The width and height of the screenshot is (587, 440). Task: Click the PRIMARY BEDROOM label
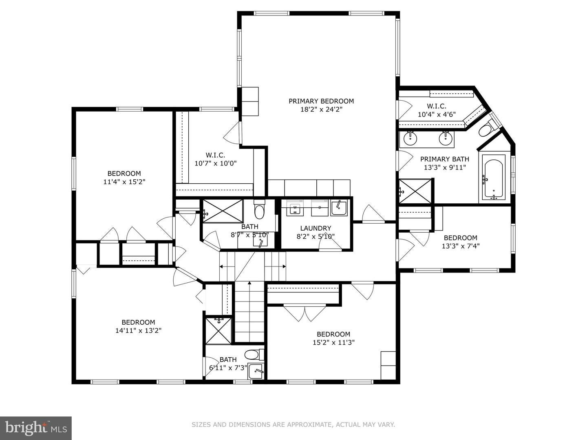(x=321, y=101)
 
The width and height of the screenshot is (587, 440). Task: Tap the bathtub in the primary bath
(x=494, y=179)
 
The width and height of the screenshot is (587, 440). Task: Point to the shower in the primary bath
(x=415, y=191)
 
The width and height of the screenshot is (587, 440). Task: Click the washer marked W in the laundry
(x=295, y=208)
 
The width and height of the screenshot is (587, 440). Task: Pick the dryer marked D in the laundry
(x=320, y=208)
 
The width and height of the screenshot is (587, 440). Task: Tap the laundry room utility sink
(x=339, y=208)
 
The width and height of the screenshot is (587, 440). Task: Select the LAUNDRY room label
(x=316, y=228)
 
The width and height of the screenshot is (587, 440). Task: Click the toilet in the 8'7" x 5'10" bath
(x=259, y=211)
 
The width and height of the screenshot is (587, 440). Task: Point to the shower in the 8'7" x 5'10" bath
(x=222, y=211)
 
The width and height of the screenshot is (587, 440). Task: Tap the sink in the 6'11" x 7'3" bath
(x=256, y=371)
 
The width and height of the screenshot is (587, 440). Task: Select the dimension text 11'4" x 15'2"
(x=124, y=182)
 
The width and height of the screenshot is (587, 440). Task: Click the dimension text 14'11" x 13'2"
(x=138, y=330)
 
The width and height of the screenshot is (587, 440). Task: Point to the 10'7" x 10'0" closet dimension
(x=215, y=163)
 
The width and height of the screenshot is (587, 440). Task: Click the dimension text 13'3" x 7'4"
(x=460, y=246)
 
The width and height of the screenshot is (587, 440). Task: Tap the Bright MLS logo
(x=36, y=428)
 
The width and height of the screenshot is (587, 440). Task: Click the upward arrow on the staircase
(x=249, y=285)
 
